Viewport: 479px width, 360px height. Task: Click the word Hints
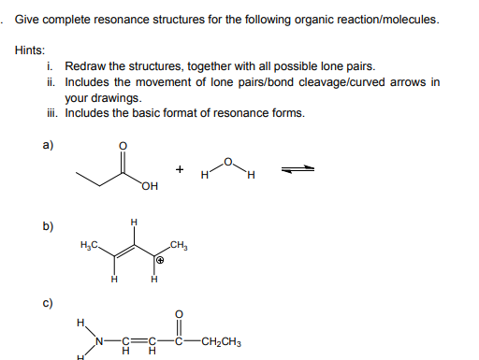click(x=31, y=50)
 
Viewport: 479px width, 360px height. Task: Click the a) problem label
click(x=48, y=145)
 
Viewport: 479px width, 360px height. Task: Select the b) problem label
click(x=48, y=225)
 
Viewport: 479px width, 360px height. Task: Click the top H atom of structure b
click(x=135, y=222)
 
